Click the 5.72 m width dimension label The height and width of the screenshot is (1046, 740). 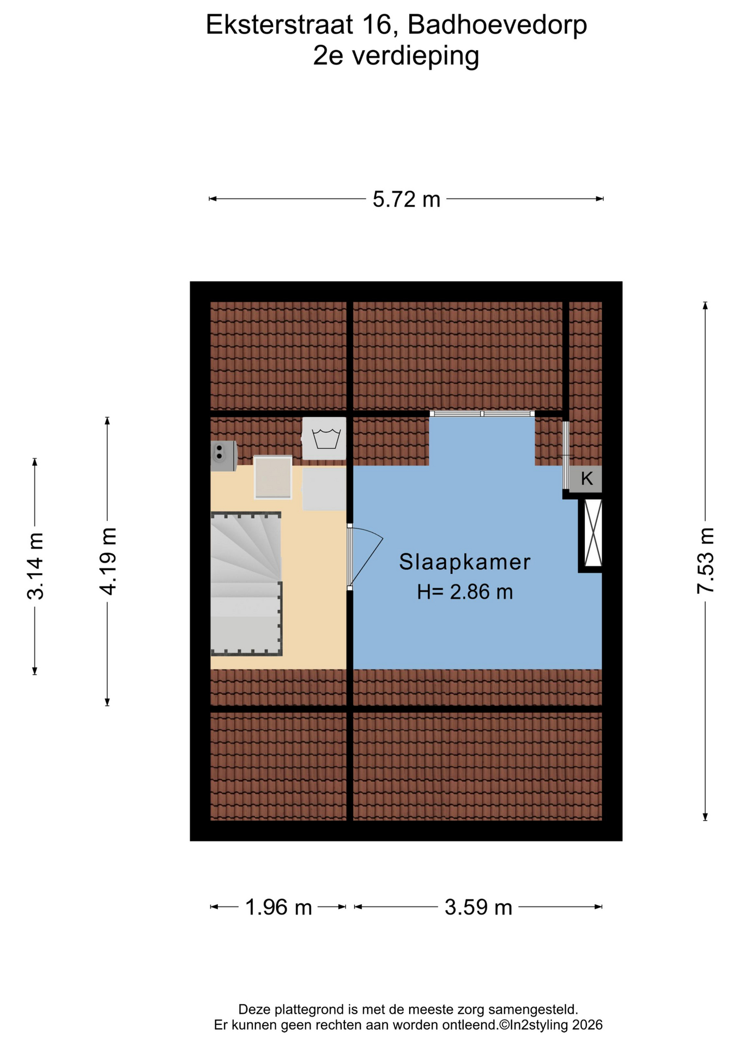(406, 199)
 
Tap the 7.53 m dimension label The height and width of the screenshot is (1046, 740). (705, 561)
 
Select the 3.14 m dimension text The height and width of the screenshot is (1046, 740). (35, 566)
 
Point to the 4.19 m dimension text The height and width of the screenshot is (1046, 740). (107, 561)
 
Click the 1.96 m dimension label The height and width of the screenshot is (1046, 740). (278, 907)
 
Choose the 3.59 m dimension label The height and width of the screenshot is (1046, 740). (478, 907)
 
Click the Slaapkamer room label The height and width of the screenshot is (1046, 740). (464, 562)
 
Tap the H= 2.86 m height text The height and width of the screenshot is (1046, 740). (465, 592)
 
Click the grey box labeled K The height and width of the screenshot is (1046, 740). (586, 479)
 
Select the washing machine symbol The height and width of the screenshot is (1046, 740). (324, 439)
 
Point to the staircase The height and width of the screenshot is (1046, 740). (246, 583)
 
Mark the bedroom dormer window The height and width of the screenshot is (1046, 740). (482, 414)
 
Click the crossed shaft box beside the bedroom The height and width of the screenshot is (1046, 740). (592, 533)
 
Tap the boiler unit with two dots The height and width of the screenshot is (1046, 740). (223, 455)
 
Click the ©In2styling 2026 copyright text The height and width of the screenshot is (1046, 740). (551, 1025)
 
